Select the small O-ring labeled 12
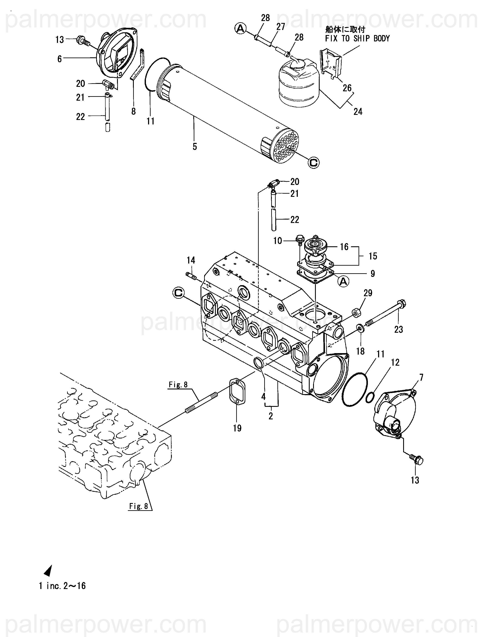click(370, 398)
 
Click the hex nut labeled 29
click(357, 313)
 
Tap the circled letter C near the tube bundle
click(314, 163)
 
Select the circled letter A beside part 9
click(343, 282)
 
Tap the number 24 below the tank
click(358, 111)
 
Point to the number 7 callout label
click(421, 377)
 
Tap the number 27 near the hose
click(281, 27)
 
